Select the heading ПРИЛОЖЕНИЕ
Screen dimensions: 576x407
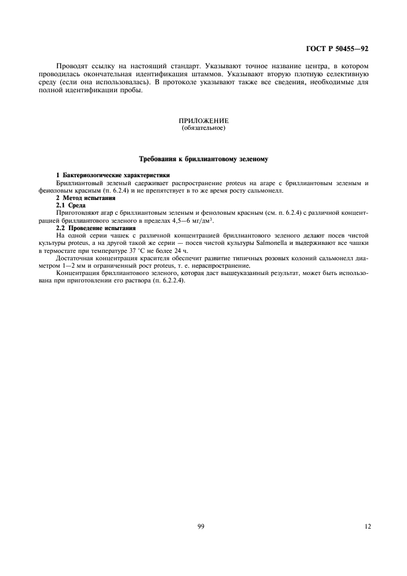click(x=203, y=121)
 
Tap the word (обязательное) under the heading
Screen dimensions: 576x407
click(x=203, y=128)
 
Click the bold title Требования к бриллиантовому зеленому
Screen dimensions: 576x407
click(x=203, y=160)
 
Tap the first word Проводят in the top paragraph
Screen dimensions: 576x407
click(x=71, y=66)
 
